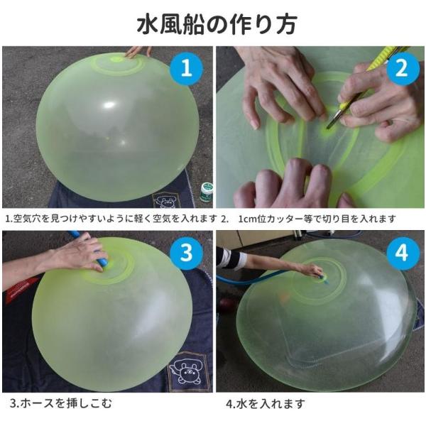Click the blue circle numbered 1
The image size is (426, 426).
coord(186,68)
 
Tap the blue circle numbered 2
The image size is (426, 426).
coord(402,68)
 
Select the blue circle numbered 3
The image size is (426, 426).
coord(186,253)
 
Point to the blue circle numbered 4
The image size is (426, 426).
coord(402,253)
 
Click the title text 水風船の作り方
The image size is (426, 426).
coord(217,25)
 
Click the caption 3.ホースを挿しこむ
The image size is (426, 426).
coord(60,403)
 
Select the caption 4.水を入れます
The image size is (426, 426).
coord(266,404)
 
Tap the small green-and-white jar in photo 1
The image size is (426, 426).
coord(206,192)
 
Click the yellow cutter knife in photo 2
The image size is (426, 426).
coord(367,86)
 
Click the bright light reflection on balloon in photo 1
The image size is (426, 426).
coord(109,105)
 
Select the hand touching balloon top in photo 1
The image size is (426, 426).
coord(138,52)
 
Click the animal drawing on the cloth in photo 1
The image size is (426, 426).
coord(165,202)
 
